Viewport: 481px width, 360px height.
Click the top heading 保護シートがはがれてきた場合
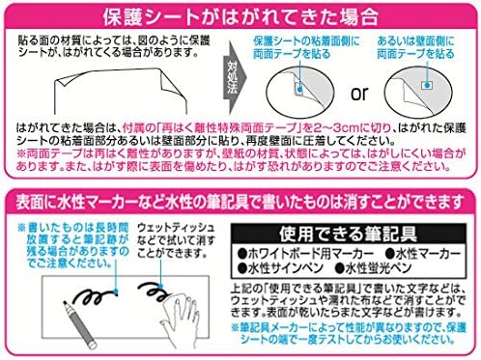pos(240,17)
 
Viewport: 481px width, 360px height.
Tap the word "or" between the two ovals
pos(355,96)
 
